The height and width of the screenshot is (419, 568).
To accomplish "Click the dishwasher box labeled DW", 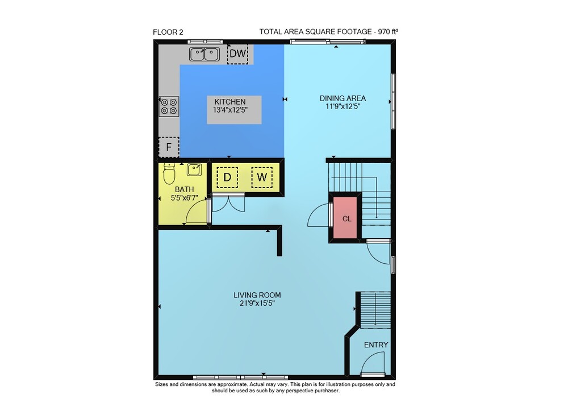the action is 237,54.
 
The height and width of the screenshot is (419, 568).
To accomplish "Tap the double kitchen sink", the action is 204,55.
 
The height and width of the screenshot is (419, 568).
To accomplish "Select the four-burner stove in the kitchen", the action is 169,106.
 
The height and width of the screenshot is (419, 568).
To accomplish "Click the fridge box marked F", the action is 169,147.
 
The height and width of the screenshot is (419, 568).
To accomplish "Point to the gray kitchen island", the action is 234,110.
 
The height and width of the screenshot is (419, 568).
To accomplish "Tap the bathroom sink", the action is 194,169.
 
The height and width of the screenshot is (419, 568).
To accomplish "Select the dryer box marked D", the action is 227,177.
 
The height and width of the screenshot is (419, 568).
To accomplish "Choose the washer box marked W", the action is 262,177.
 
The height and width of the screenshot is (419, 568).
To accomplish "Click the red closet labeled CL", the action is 346,218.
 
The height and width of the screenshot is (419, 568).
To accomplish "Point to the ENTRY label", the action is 376,345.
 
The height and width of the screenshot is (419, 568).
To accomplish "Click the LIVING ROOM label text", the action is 257,295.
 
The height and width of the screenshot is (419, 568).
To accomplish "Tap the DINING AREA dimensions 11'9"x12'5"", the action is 343,106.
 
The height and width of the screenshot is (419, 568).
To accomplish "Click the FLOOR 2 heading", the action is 168,32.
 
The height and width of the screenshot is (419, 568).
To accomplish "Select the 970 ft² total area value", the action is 389,31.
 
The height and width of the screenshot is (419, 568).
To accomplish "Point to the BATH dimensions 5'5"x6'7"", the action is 185,198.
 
